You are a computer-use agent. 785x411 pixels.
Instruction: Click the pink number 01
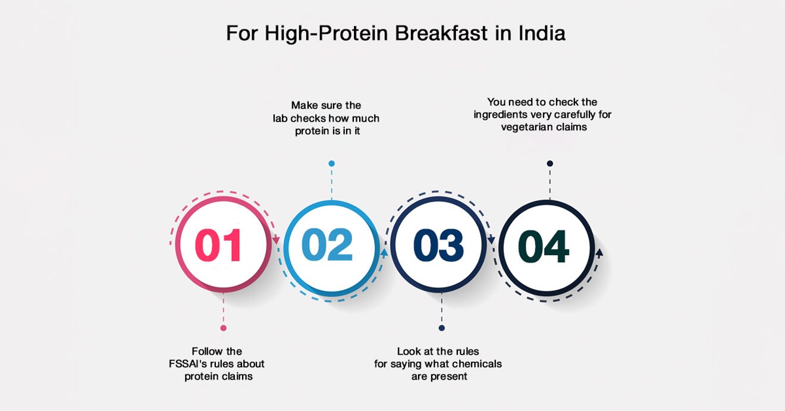[x=218, y=245]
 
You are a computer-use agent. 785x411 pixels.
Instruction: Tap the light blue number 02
[x=327, y=244]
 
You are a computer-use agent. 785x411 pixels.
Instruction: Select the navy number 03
[x=439, y=245]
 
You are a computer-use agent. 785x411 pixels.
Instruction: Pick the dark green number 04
[x=544, y=246]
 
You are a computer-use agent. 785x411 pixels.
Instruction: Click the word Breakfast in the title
[x=441, y=33]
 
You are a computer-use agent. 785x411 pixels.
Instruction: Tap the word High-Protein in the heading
[x=326, y=34]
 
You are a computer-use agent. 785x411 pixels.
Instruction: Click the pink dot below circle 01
[x=223, y=328]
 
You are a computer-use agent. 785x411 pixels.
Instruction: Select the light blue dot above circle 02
[x=331, y=164]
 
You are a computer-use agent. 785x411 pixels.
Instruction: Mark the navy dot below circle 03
[x=441, y=328]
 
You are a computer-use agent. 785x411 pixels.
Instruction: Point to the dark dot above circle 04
[x=550, y=164]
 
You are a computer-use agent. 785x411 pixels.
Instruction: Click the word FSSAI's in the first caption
[x=186, y=363]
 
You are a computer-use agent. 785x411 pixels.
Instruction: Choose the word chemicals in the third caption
[x=478, y=363]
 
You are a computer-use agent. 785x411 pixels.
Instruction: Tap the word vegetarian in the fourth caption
[x=525, y=127]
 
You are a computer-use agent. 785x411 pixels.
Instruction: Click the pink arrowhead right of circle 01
[x=276, y=240]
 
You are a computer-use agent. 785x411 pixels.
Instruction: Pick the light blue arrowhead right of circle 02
[x=384, y=253]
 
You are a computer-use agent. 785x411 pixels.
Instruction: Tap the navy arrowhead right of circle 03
[x=491, y=240]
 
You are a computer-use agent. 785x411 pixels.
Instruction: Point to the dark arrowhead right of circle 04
[x=599, y=253]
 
